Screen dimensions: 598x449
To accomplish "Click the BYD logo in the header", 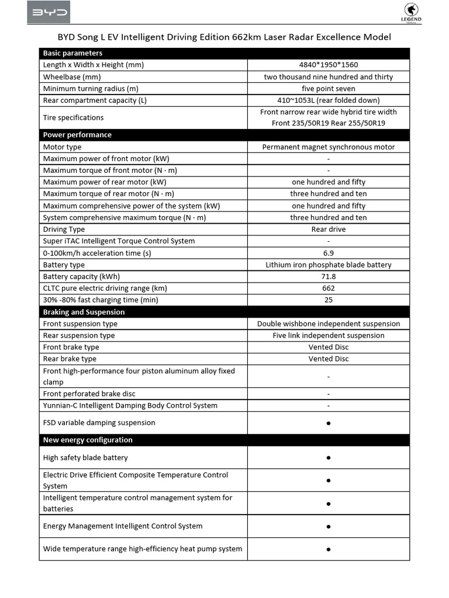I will (x=49, y=12).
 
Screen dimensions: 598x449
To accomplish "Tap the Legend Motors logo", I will (x=413, y=13).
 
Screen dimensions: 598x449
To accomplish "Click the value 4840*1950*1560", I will (x=329, y=65).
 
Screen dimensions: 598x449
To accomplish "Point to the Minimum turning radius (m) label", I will (x=91, y=88).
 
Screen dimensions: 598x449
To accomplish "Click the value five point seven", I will (x=329, y=88).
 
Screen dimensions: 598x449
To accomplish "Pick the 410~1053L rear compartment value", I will (x=329, y=100).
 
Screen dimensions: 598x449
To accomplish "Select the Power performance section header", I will (x=77, y=135).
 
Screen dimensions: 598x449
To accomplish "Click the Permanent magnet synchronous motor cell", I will (x=329, y=147).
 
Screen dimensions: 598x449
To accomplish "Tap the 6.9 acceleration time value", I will (x=329, y=253).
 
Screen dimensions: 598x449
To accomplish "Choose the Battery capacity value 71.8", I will (x=329, y=276).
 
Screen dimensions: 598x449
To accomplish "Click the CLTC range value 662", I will (x=329, y=288).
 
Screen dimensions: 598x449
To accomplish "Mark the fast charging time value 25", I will (x=329, y=300).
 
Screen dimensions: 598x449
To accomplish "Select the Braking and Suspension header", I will (x=84, y=312).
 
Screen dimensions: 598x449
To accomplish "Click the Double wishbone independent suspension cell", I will (x=329, y=324).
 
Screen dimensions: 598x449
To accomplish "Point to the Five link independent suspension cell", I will (x=329, y=335).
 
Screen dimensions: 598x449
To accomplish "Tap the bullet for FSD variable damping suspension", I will (x=329, y=423).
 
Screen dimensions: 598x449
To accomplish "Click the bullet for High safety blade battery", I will (x=329, y=458).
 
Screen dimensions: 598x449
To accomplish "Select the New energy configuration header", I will (x=88, y=440).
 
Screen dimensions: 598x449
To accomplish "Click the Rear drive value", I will (x=329, y=230).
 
